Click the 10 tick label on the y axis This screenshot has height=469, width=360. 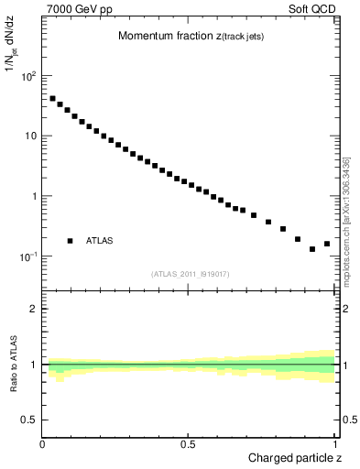pos(29,136)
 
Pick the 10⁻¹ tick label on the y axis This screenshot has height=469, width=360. pos(27,256)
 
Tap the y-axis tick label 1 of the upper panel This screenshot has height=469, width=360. pos(34,196)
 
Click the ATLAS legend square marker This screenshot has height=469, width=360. pos(70,241)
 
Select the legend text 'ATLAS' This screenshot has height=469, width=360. pos(100,241)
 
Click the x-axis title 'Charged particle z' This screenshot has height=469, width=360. pos(293,458)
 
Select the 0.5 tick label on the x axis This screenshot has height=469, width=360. pos(188,444)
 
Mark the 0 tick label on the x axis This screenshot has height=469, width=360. pos(43,444)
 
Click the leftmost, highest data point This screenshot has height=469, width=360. pos(52,98)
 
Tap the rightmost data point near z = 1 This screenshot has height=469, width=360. pos(327,244)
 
